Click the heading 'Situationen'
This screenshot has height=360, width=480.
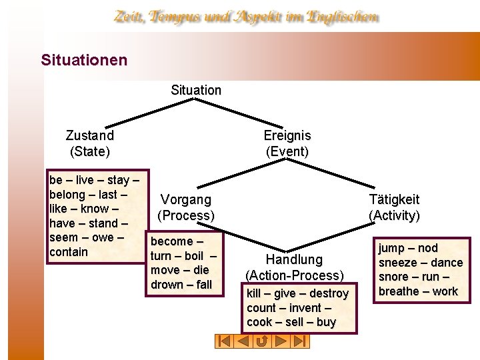coord(84,60)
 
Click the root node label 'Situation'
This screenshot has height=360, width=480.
coord(196,90)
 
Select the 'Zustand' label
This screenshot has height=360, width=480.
coord(90,135)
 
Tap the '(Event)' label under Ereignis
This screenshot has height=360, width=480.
coord(287,151)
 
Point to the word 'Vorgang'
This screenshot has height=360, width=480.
coord(186,199)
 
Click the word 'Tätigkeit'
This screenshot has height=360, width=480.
coord(395,199)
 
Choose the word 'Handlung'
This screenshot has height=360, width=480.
coord(294,259)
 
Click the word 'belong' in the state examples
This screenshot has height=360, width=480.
coord(67,195)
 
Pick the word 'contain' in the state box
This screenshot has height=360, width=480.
coord(69,252)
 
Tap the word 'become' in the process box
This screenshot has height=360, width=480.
coord(173,241)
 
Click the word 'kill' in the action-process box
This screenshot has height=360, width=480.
coord(254,293)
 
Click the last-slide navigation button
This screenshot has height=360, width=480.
coord(300,341)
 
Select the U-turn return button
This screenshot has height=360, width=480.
coord(262,341)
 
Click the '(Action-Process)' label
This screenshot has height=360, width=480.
coord(295,275)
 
